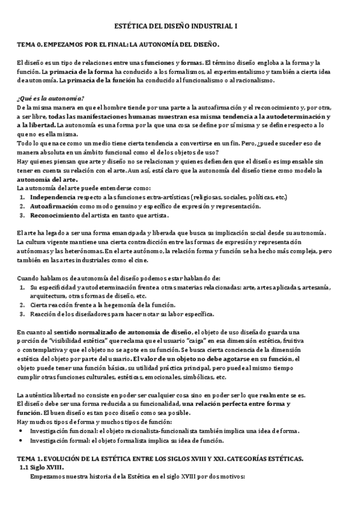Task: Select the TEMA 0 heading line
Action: (118, 45)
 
